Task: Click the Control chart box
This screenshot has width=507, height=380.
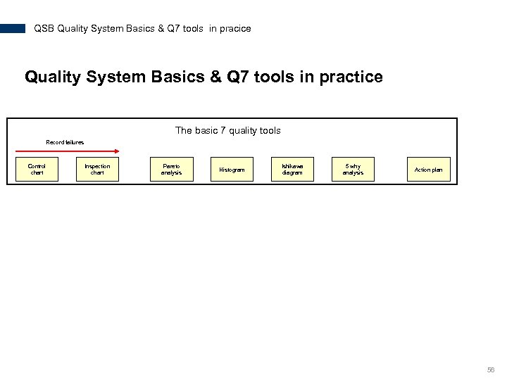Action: (x=37, y=170)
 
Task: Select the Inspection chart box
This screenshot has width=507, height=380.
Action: (x=97, y=170)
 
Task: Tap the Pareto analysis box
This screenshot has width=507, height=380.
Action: (x=171, y=170)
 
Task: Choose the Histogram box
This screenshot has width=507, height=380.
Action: (x=232, y=170)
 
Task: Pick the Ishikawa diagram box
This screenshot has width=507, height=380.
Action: (x=292, y=170)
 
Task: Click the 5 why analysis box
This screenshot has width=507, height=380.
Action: (x=353, y=170)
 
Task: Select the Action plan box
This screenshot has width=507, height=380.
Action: (x=428, y=170)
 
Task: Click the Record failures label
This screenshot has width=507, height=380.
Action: (x=65, y=142)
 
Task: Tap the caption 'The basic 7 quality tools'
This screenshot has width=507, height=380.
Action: (x=227, y=130)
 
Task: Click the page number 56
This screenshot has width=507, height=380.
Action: (x=491, y=369)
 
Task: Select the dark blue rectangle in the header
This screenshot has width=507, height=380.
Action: (x=13, y=29)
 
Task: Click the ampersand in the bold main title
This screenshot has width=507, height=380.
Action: (x=213, y=77)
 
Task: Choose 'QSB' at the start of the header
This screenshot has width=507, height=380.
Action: (x=44, y=29)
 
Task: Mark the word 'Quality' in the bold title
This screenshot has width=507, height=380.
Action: (x=51, y=77)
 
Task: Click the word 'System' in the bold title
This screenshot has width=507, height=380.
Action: (x=113, y=77)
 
